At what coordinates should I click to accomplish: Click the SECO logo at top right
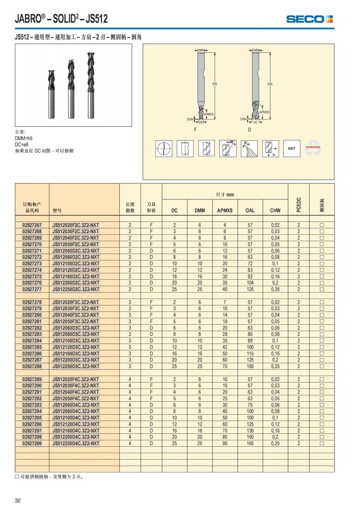point(309,19)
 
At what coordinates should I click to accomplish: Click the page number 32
point(18,500)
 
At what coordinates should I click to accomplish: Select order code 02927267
point(32,225)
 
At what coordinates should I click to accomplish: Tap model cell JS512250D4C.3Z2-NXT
point(76,443)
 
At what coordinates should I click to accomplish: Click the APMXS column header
point(225,210)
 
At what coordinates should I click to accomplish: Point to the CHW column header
point(275,210)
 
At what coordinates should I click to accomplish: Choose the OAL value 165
point(250,443)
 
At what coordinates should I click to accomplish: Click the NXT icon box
point(292,148)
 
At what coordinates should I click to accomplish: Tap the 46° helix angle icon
point(228,148)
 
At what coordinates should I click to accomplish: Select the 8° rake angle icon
point(249,148)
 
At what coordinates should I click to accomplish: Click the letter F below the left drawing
point(195,130)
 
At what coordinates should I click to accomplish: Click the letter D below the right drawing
point(249,130)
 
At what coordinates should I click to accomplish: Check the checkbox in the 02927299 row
point(322,443)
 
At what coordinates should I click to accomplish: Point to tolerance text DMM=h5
point(23,138)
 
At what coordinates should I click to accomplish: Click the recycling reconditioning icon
point(313,148)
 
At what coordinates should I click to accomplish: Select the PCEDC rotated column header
point(298,205)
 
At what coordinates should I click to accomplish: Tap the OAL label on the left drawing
point(215,84)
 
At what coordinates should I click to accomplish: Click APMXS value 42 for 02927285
point(225,347)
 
